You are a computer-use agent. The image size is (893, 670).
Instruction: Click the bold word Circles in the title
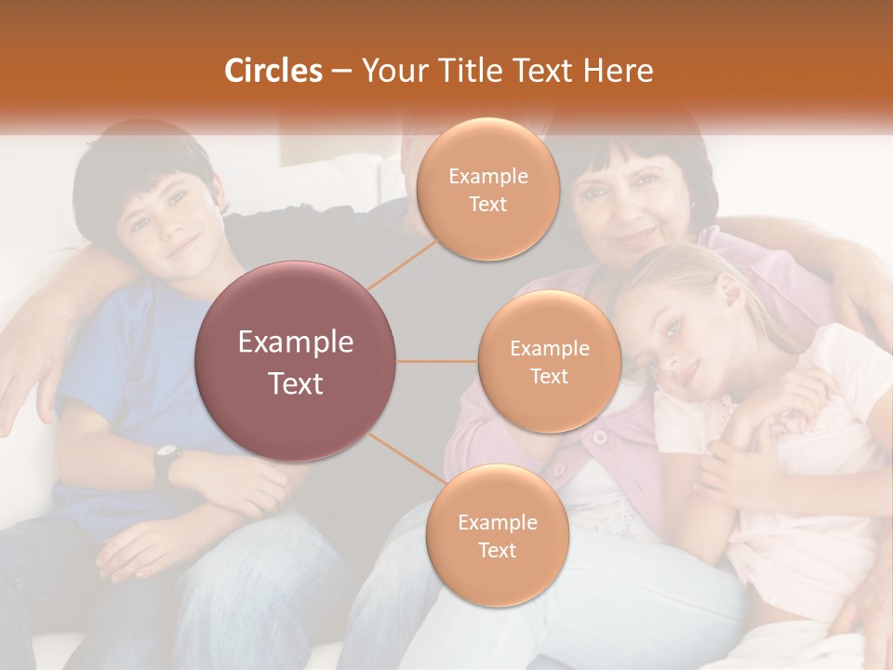point(273,71)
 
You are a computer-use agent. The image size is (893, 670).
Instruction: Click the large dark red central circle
point(296,361)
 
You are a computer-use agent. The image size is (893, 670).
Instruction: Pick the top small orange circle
point(486,190)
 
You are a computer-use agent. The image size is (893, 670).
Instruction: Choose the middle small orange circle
point(549,362)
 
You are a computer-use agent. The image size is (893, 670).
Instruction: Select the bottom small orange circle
point(497,536)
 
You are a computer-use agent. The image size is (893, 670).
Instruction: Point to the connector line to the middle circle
point(437,361)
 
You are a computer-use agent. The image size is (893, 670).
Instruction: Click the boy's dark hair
point(140,167)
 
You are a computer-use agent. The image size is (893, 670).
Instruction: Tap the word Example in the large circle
point(296,342)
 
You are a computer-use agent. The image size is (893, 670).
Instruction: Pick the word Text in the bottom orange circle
point(497,550)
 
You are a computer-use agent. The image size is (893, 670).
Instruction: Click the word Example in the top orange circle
point(487,176)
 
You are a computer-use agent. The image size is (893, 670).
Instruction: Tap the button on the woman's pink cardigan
point(601,436)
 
